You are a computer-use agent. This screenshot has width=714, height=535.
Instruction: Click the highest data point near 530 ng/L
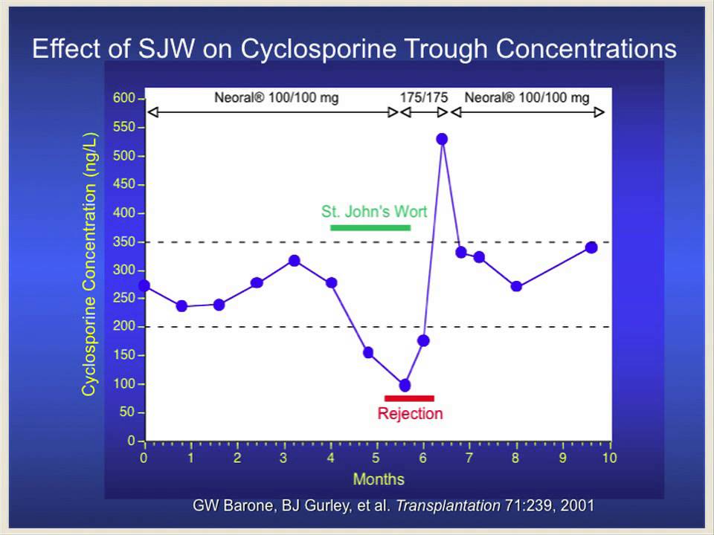(x=443, y=139)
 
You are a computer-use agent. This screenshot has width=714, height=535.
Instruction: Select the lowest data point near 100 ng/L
(x=405, y=385)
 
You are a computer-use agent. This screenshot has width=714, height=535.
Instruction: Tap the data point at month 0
(x=144, y=285)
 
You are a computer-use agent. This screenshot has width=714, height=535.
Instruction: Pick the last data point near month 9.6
(x=591, y=247)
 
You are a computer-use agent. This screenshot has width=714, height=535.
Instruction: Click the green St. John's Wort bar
(x=370, y=227)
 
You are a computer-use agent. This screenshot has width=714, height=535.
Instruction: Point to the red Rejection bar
(x=409, y=398)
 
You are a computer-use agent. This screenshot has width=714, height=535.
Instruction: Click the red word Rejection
(x=410, y=414)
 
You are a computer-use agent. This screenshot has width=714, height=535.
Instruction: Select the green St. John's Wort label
(x=374, y=212)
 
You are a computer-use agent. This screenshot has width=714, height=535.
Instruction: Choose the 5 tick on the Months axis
(x=377, y=458)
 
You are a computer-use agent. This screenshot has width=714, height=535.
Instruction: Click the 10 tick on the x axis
(x=609, y=458)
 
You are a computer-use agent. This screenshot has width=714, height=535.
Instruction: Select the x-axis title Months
(x=379, y=479)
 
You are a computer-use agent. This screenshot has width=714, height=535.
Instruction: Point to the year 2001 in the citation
(x=578, y=506)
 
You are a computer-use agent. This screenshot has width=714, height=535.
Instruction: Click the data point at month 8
(x=516, y=286)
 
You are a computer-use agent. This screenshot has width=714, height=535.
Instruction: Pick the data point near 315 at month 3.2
(x=295, y=261)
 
